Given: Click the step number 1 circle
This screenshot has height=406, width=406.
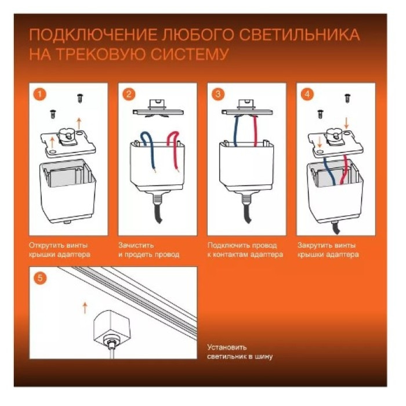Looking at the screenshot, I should (x=39, y=94).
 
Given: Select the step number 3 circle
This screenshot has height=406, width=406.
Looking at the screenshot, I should (x=218, y=94).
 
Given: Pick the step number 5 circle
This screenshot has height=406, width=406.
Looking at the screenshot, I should (x=39, y=278).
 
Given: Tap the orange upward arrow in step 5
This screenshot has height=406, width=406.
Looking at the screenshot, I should (x=85, y=307).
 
